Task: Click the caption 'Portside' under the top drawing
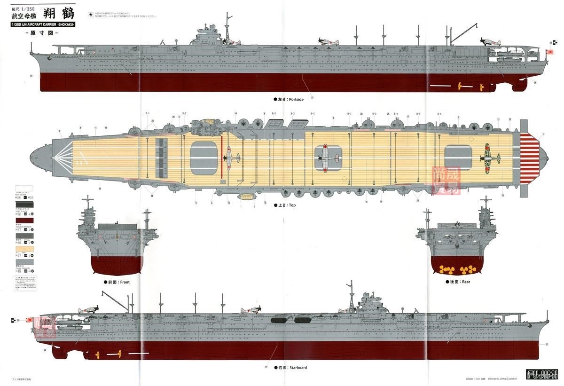[290, 100]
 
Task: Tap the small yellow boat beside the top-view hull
[246, 197]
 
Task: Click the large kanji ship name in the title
[59, 14]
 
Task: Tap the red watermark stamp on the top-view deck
[446, 181]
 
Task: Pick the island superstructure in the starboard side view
[371, 303]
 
